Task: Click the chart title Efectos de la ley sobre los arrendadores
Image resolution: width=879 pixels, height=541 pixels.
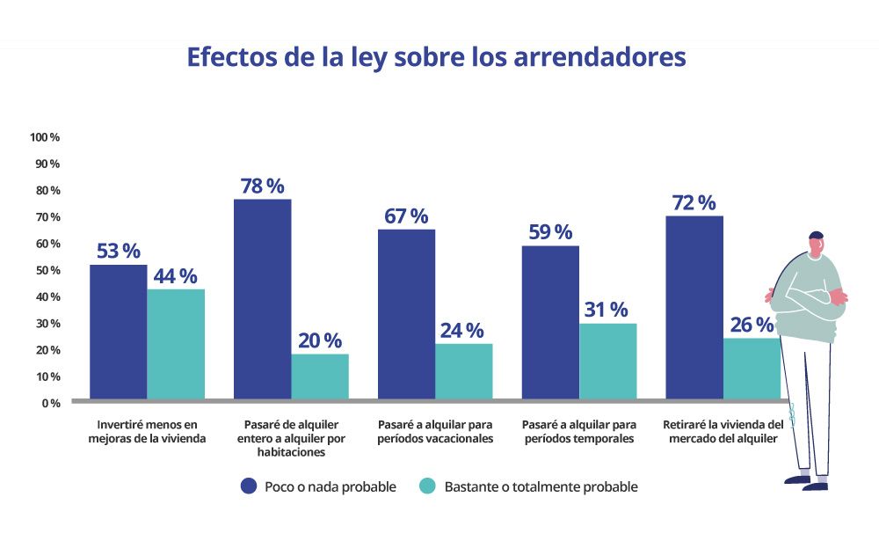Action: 436,58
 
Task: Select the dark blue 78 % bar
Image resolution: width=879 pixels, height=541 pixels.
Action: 262,299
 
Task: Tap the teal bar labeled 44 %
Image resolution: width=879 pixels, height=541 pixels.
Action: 176,344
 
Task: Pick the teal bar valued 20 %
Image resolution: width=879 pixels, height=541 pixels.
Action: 320,377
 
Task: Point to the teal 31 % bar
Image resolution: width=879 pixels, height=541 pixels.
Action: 607,361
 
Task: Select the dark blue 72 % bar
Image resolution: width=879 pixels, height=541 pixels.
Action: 694,307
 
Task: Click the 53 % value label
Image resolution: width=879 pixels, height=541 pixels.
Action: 118,251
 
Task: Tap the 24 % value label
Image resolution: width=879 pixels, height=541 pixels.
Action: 461,331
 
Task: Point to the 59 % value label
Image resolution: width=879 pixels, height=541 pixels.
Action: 550,232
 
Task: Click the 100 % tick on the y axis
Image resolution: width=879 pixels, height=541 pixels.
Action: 45,137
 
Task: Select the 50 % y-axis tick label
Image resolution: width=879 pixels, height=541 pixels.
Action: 47,270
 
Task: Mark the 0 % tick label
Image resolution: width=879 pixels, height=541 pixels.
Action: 50,403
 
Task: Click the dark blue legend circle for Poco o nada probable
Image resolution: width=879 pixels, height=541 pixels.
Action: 249,486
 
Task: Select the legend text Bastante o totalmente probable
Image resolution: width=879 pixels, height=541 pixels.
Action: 540,486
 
